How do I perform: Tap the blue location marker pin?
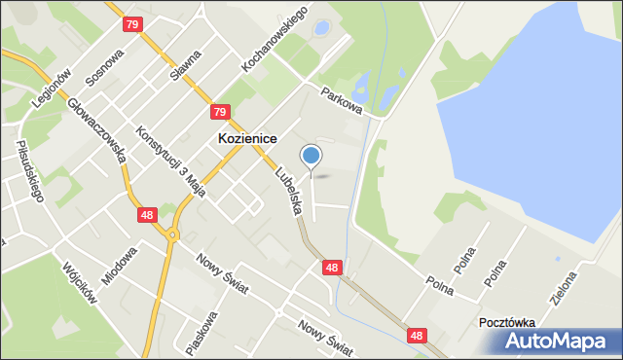311,156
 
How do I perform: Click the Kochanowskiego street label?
275,41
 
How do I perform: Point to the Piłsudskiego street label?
30,171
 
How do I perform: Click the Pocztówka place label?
508,322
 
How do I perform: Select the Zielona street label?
564,288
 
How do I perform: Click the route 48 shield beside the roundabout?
146,214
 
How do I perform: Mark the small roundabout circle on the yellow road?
172,234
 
